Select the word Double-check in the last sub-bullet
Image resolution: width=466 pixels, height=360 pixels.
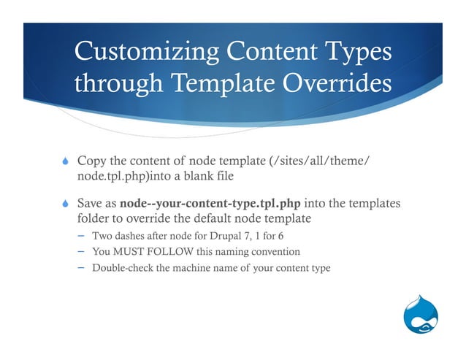pyautogui.click(x=122, y=268)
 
